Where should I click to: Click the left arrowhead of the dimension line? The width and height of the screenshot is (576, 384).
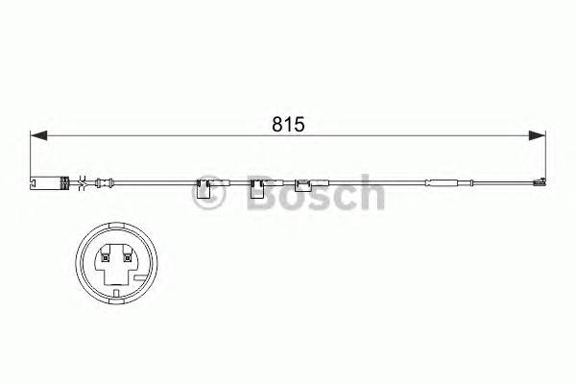pyautogui.click(x=36, y=135)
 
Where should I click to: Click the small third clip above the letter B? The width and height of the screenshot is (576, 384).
pyautogui.click(x=301, y=183)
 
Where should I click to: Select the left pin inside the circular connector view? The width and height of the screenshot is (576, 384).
pyautogui.click(x=104, y=255)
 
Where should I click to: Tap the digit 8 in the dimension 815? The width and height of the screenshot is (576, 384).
pyautogui.click(x=276, y=125)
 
